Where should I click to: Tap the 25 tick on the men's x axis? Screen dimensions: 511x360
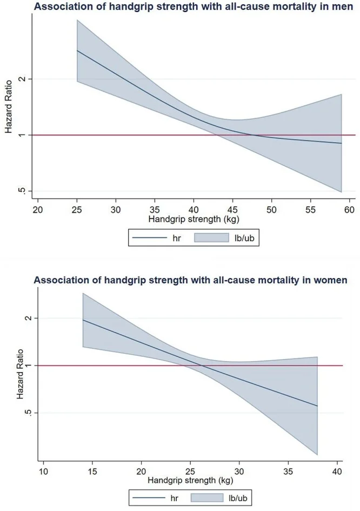point(77,208)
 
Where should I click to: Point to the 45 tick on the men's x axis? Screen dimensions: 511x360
point(233,208)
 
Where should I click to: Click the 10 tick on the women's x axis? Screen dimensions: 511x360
point(44,471)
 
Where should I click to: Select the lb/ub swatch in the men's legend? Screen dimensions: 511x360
point(212,237)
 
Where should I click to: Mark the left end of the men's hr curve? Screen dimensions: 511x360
point(77,51)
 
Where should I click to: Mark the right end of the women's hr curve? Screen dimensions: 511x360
point(317,406)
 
